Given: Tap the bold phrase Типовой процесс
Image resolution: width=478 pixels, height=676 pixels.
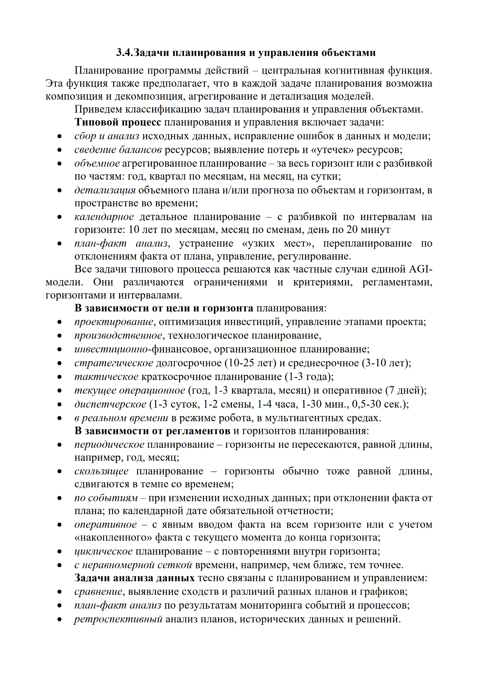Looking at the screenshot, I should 118,122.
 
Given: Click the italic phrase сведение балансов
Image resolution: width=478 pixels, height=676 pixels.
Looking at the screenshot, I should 118,150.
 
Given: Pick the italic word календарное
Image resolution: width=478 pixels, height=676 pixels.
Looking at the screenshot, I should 104,217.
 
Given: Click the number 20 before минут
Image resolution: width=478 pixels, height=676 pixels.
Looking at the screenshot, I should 352,230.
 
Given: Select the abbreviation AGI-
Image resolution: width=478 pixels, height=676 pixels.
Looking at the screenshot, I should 420,269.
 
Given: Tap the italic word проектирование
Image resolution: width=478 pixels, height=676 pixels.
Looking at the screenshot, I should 114,322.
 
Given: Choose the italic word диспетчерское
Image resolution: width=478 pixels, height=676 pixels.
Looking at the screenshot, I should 110,404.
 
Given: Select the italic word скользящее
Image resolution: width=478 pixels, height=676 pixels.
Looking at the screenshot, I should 101,471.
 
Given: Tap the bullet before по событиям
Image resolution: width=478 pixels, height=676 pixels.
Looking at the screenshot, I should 60,498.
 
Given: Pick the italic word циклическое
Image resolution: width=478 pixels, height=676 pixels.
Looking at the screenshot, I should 103,551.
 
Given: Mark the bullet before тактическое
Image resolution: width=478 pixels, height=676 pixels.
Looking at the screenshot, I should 60,377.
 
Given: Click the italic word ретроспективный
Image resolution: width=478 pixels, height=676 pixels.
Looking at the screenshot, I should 118,619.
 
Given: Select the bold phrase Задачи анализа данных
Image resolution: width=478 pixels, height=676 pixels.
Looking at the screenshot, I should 134,578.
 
